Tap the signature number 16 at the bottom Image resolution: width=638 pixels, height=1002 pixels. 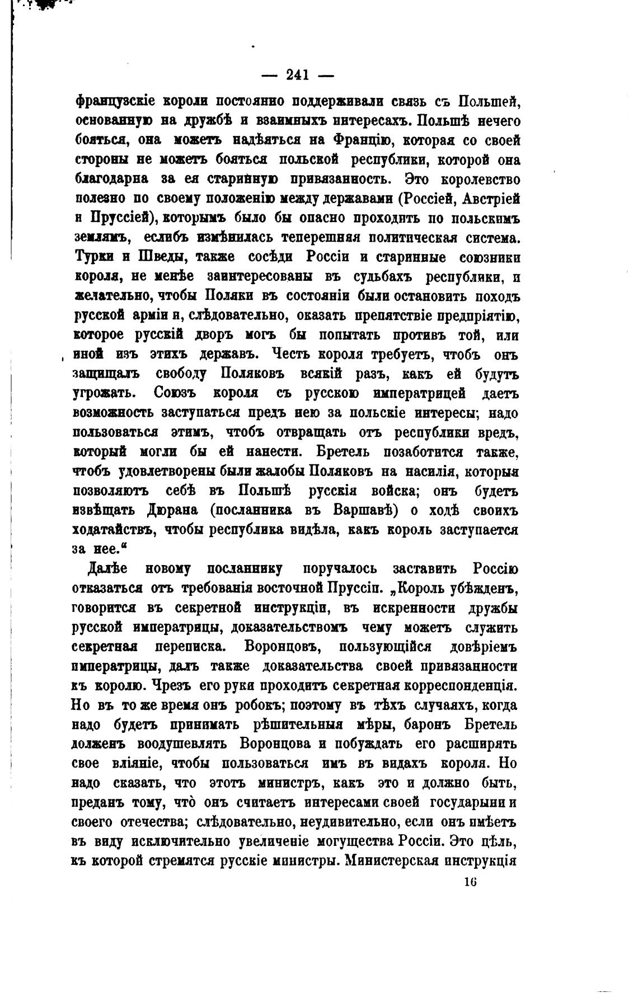coord(470,882)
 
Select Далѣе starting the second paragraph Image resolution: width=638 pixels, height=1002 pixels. coord(107,568)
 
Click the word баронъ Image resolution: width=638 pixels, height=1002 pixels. coord(430,725)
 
